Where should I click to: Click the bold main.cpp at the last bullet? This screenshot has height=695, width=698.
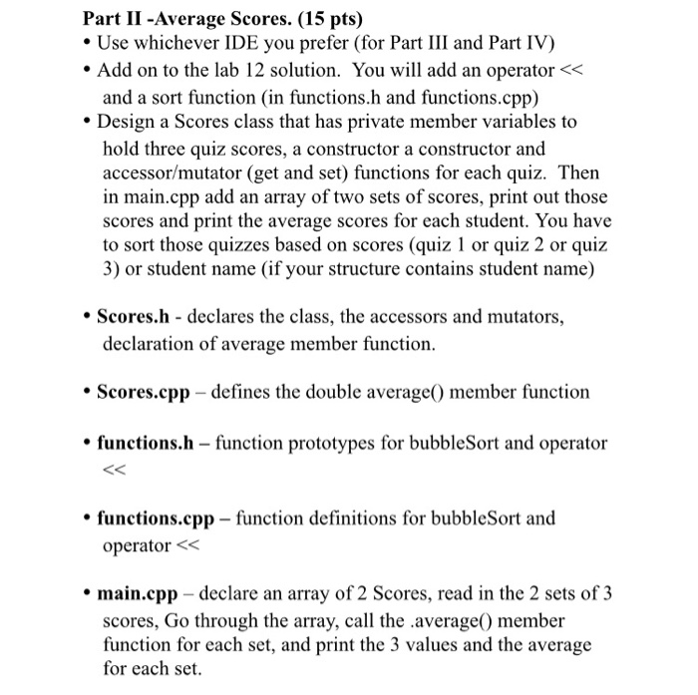(x=138, y=594)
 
